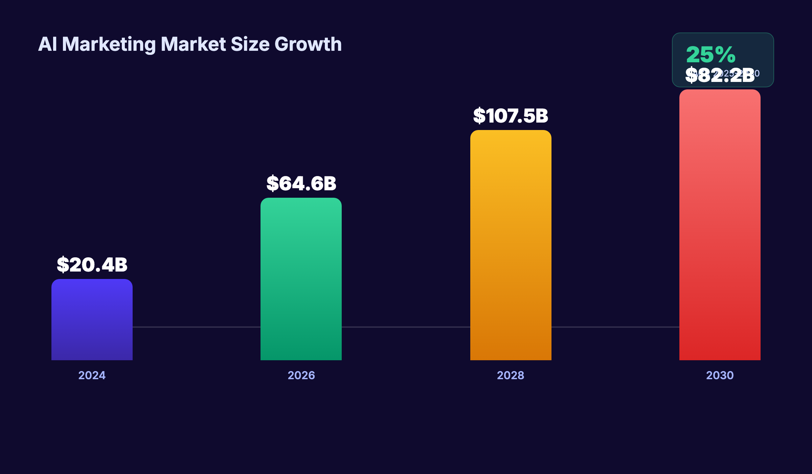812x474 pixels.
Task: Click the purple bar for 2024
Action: coord(92,320)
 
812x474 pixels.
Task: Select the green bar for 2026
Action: coord(301,279)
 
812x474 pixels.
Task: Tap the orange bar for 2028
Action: coord(511,245)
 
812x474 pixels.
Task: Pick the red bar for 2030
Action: coord(720,225)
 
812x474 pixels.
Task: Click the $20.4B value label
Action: coord(92,265)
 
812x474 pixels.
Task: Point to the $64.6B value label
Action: coord(301,184)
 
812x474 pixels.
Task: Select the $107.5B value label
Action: coord(511,116)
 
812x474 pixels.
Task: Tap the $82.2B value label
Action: coord(720,76)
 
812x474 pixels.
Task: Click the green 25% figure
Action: coord(710,55)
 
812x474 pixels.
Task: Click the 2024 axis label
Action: coord(92,375)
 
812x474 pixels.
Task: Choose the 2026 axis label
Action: coord(301,375)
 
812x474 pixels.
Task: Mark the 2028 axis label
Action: coord(511,375)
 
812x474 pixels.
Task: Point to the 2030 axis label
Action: coord(720,375)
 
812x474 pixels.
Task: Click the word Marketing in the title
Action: coord(109,44)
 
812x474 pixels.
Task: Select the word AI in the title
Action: coord(47,44)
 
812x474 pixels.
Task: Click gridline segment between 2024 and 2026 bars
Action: coord(196,327)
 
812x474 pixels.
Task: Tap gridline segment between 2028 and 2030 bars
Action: coord(615,327)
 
